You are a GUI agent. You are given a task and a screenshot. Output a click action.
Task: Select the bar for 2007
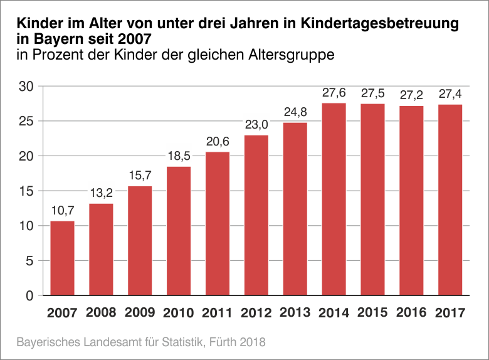(x=62, y=258)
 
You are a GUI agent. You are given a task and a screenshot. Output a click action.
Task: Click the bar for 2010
(x=179, y=231)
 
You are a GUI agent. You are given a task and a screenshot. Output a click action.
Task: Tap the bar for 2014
(x=334, y=199)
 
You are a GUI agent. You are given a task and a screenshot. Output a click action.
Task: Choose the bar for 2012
(x=256, y=215)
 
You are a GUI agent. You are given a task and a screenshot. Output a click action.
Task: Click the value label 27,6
(x=334, y=93)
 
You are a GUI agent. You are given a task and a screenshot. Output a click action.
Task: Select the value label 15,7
(x=140, y=176)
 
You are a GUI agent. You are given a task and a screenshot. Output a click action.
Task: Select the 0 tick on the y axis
(x=29, y=296)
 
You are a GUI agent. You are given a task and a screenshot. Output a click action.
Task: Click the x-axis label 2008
(x=101, y=312)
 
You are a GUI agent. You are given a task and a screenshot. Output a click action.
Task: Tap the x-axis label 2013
(x=295, y=312)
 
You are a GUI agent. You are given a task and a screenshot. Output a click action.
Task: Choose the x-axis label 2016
(x=411, y=312)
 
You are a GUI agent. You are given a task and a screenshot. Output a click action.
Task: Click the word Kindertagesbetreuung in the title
(x=379, y=24)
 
